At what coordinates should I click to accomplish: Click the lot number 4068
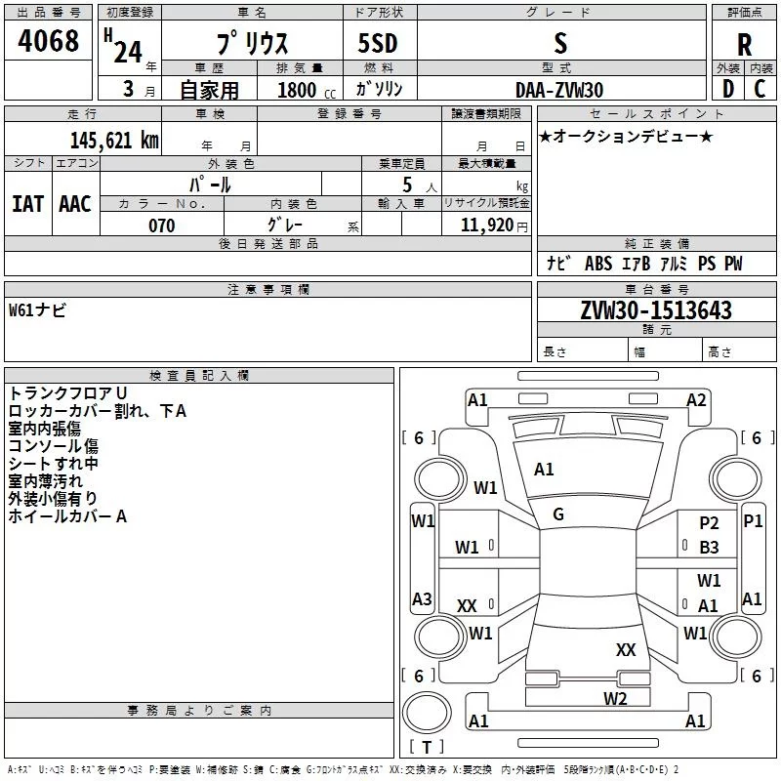48,40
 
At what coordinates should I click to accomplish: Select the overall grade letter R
744,45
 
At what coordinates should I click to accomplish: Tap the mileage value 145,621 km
114,141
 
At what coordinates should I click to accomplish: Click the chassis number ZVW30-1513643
656,309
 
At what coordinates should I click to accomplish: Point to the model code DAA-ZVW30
559,90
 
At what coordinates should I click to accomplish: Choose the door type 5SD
378,43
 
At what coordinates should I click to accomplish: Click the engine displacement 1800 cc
307,90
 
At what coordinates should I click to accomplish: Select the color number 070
161,226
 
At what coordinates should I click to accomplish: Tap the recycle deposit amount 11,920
486,226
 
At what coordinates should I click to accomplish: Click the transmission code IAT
27,204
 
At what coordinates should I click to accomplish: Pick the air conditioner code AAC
75,204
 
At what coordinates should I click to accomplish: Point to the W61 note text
37,309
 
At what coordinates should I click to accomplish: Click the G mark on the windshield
558,514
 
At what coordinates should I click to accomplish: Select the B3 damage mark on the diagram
709,548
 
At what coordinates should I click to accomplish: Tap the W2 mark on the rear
615,699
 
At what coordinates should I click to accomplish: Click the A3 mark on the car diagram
422,598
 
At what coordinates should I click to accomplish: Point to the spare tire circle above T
427,713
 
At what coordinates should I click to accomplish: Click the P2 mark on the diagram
709,523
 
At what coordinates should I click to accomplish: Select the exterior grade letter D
727,89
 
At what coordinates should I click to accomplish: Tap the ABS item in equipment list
598,264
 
